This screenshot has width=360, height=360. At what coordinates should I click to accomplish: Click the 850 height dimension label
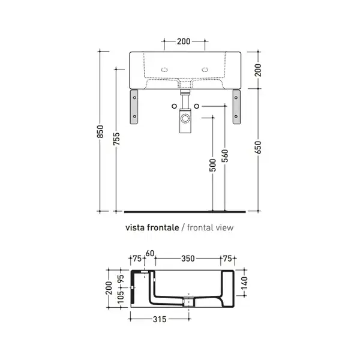click(100, 131)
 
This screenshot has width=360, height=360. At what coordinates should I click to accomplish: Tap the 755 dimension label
click(116, 139)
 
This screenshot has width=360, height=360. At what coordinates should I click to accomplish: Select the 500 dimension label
click(213, 165)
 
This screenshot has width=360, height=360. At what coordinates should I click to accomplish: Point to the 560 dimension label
click(225, 155)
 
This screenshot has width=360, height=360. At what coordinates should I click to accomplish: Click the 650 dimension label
click(258, 148)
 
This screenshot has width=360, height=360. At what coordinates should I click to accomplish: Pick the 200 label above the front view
click(184, 41)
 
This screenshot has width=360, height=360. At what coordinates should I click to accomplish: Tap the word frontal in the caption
click(199, 227)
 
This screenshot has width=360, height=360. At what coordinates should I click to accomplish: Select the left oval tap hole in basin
click(164, 70)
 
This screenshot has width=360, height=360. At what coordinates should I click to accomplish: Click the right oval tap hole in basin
click(205, 70)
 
